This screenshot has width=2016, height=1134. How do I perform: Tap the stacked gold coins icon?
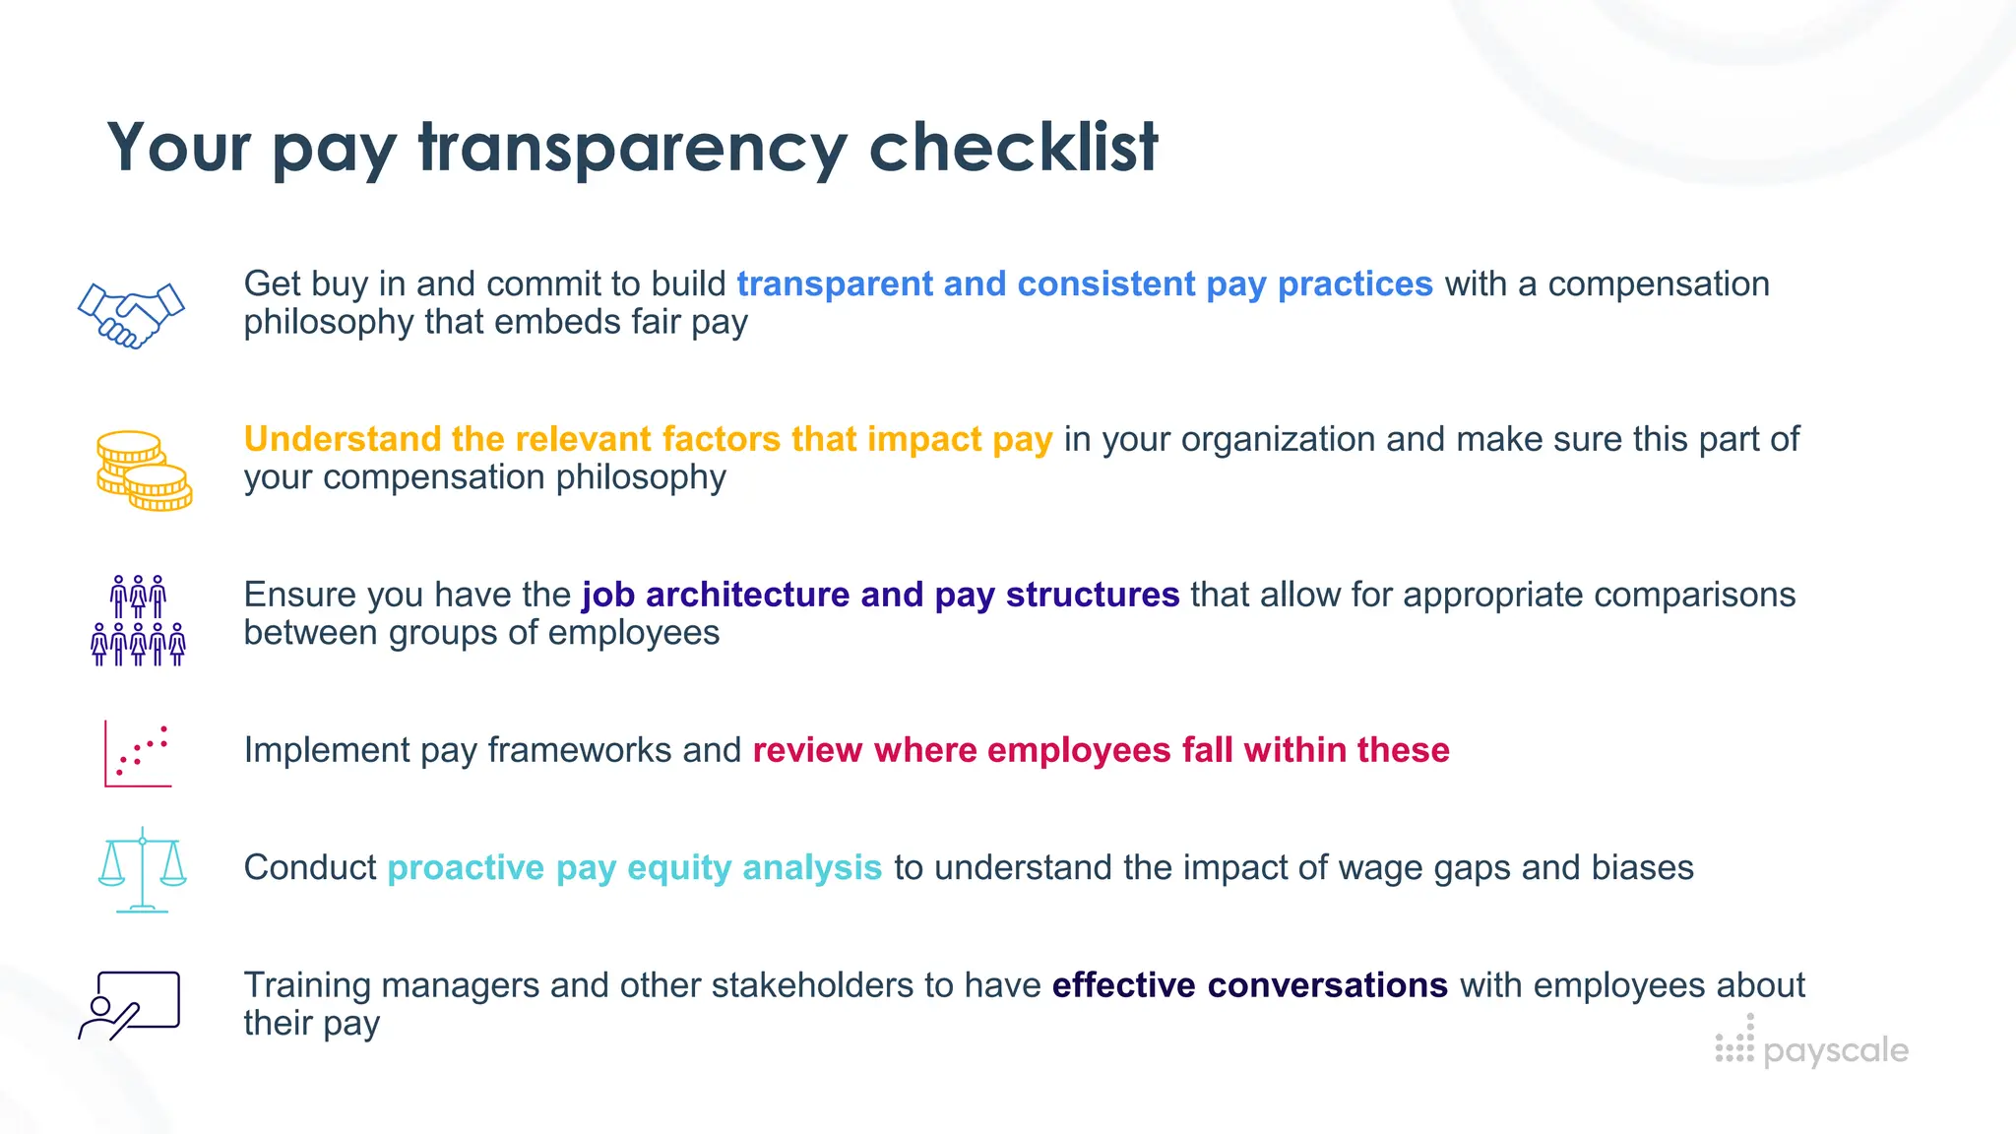[x=144, y=471]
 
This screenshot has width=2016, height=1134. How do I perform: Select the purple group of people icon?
[x=138, y=621]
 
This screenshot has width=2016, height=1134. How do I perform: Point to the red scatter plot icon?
[x=139, y=754]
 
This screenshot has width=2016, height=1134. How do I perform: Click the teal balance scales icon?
[x=143, y=869]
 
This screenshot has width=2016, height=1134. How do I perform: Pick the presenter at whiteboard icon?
[x=130, y=1005]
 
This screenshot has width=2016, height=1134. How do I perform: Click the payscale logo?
[x=1811, y=1046]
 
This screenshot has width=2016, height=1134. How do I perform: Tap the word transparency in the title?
[x=632, y=148]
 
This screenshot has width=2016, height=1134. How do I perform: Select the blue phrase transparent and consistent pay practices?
[x=1084, y=283]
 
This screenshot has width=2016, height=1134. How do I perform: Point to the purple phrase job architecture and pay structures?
[x=880, y=595]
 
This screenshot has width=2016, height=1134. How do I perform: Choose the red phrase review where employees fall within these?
[x=1101, y=750]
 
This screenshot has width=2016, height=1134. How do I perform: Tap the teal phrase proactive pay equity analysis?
[x=634, y=867]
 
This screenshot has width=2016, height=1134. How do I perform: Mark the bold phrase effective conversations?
[x=1249, y=984]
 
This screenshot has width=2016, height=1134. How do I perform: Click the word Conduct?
[x=309, y=867]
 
